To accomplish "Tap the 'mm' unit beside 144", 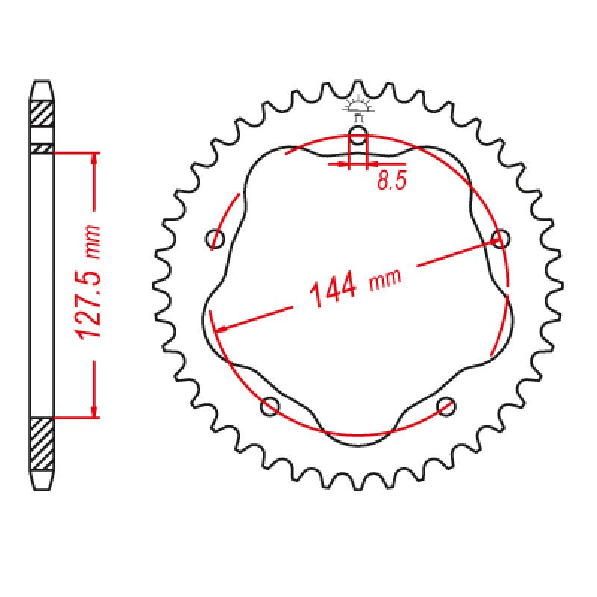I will (386, 279).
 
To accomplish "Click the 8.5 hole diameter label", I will (391, 181).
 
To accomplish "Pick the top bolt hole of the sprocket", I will (358, 136).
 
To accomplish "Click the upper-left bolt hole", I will (216, 240).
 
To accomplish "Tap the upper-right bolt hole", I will (501, 239).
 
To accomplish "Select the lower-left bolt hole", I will (270, 407).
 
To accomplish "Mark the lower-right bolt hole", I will (446, 406).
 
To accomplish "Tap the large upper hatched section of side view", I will (42, 114).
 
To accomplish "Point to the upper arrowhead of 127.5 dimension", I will (94, 159).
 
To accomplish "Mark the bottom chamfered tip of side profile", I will (42, 481).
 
